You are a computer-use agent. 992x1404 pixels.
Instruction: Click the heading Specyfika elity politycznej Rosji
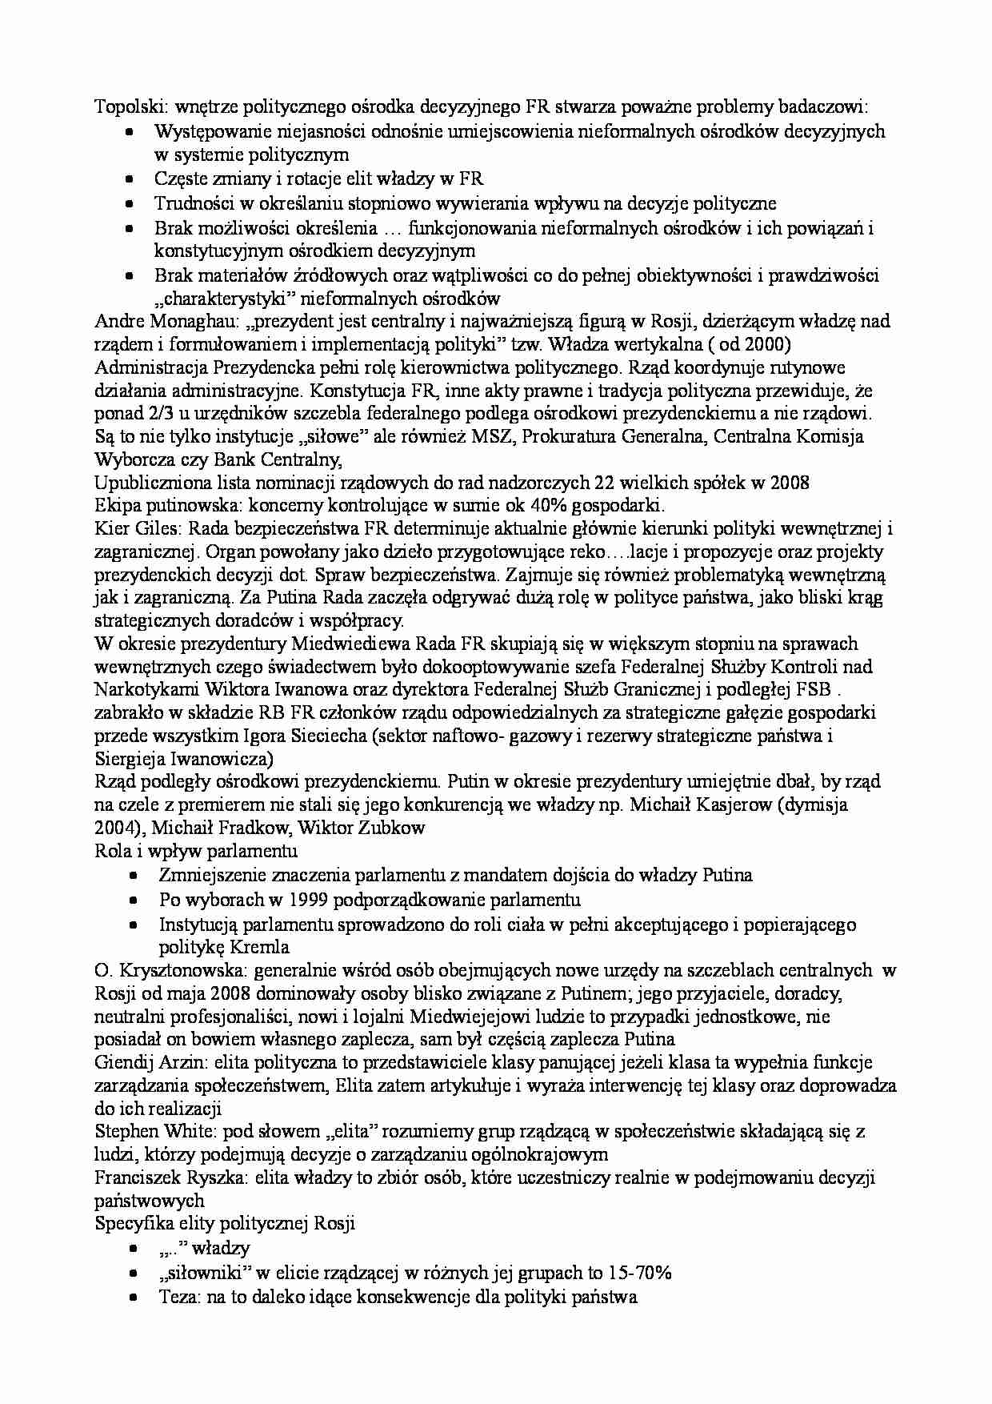coord(225,1223)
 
